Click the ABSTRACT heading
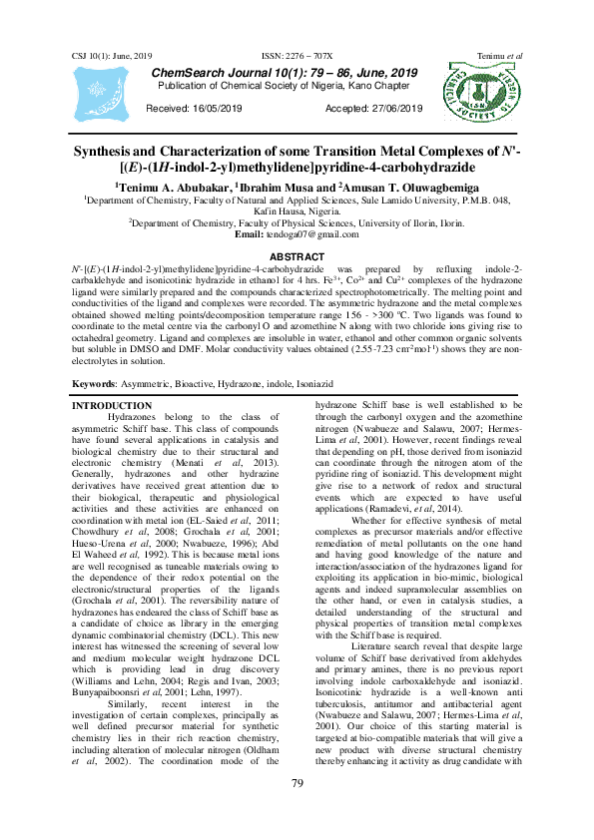(297, 257)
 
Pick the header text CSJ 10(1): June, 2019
(111, 56)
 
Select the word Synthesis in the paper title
(106, 152)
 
